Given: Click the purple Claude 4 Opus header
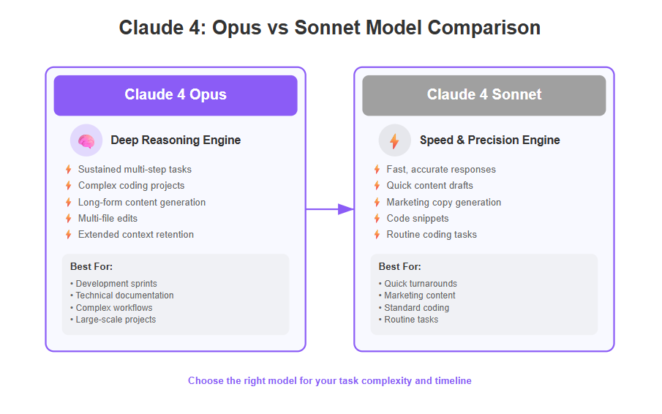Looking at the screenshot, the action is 176,95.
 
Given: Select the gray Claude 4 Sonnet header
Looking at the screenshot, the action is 484,95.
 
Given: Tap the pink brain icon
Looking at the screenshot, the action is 86,140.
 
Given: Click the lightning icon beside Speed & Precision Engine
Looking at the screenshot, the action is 394,141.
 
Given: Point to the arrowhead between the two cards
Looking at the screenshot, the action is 346,209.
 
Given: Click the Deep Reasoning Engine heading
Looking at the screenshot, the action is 176,140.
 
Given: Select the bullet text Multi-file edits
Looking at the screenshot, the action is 108,219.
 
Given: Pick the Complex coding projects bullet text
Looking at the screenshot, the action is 131,186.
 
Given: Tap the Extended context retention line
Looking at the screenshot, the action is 136,235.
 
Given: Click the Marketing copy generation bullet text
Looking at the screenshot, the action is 444,203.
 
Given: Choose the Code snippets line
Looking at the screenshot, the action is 418,219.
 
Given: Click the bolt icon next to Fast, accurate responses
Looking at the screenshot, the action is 377,170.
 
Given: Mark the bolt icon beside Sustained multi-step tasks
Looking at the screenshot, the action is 69,170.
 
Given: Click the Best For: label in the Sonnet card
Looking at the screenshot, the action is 400,267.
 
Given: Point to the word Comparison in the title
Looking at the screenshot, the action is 484,28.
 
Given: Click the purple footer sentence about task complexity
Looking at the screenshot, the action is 330,380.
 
